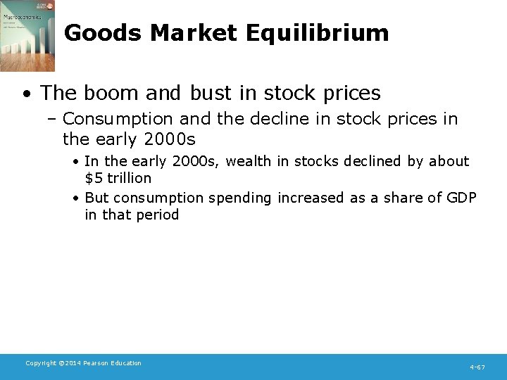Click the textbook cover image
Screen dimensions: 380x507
27,36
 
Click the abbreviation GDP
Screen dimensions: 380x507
461,198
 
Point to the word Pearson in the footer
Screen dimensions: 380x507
99,363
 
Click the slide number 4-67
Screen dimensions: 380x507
477,367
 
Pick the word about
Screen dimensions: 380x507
449,161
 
